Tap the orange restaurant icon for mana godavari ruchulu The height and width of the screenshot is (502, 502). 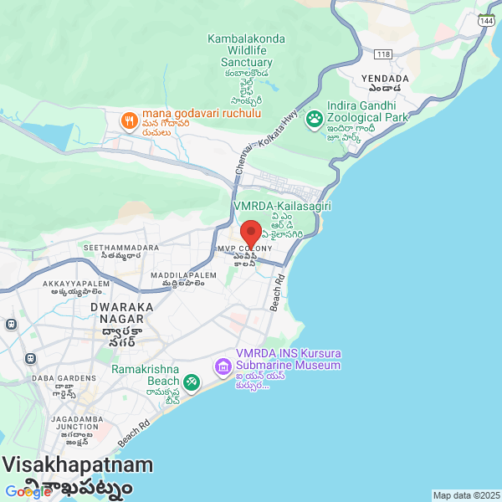tap(128, 120)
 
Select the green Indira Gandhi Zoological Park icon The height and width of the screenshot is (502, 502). tap(315, 119)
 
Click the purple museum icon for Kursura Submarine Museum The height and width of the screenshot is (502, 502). tap(223, 366)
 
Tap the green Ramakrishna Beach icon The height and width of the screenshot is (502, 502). tap(192, 382)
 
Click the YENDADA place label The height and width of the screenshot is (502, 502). tap(385, 79)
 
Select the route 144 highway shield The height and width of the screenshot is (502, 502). tap(485, 20)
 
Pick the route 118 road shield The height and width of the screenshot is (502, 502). tap(384, 54)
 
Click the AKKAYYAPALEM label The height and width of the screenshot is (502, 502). tap(77, 284)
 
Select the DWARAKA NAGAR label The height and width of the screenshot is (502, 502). tap(122, 313)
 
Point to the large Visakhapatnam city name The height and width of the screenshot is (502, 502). tap(78, 465)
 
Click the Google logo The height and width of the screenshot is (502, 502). tap(28, 492)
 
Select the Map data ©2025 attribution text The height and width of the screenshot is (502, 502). tap(466, 495)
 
